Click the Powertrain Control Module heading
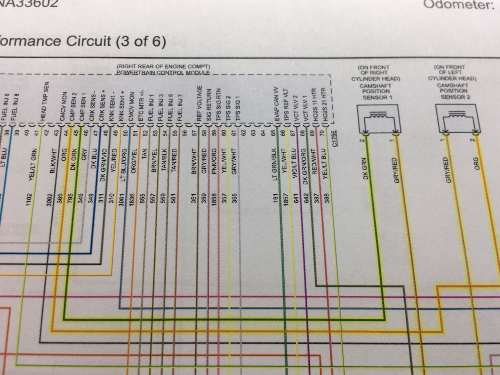click(163, 73)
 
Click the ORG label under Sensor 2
click(476, 164)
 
